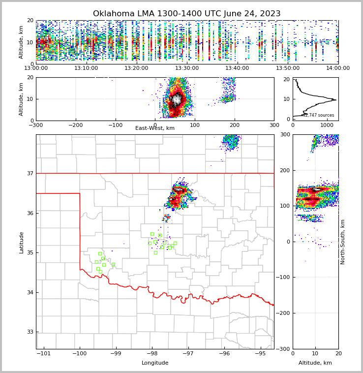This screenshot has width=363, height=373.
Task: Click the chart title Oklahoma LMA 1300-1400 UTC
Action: (x=186, y=14)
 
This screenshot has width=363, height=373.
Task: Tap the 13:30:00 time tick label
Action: (x=187, y=68)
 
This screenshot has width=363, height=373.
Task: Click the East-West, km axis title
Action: (x=155, y=128)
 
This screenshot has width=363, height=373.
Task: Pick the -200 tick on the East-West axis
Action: (x=75, y=125)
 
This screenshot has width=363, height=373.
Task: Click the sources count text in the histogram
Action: (x=318, y=115)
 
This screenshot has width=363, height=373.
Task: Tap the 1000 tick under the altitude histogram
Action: (x=327, y=125)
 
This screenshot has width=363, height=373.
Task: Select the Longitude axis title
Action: (x=155, y=363)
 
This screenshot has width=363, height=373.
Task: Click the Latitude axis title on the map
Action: (x=21, y=242)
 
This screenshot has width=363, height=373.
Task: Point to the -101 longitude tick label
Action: (x=44, y=354)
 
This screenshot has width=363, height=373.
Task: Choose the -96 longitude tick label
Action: (x=224, y=354)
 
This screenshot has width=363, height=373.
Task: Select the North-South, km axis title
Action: (x=343, y=242)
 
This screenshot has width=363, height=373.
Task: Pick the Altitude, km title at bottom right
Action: (x=315, y=363)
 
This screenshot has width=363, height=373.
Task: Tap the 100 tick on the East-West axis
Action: (x=195, y=125)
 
